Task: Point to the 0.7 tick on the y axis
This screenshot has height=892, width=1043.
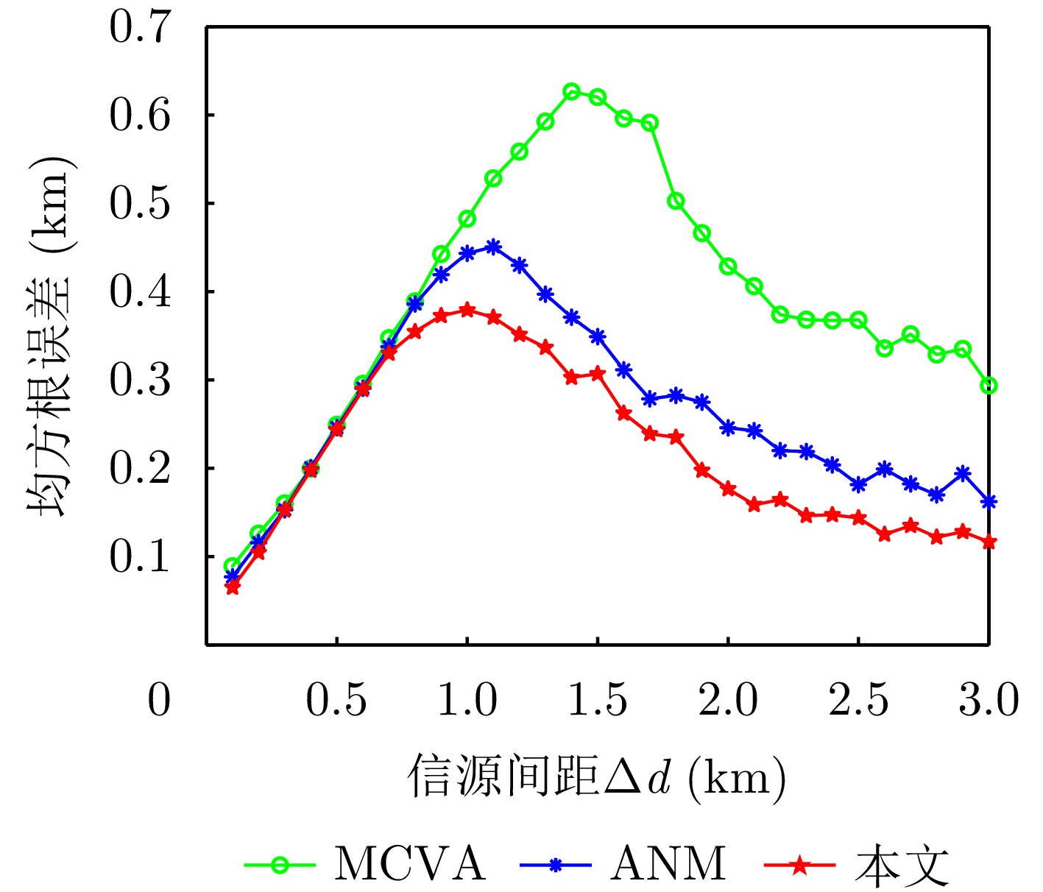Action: tap(140, 27)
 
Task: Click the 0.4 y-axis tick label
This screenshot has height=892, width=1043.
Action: tap(140, 291)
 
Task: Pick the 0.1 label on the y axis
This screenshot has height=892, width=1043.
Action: tap(140, 556)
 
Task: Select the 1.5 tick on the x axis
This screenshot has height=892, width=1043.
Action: tap(598, 699)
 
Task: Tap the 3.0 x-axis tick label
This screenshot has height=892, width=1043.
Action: tap(988, 699)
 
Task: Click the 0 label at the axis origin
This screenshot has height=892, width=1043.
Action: tap(159, 699)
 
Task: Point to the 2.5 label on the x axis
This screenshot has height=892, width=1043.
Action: tap(858, 699)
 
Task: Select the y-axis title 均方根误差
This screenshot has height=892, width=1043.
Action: tap(50, 336)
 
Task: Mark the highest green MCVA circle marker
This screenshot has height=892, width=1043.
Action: tap(571, 92)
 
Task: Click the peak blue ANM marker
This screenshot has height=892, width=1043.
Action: tap(493, 247)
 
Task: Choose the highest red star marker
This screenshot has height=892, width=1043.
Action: tap(467, 310)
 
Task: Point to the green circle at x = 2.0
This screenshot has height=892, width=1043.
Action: tap(728, 266)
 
